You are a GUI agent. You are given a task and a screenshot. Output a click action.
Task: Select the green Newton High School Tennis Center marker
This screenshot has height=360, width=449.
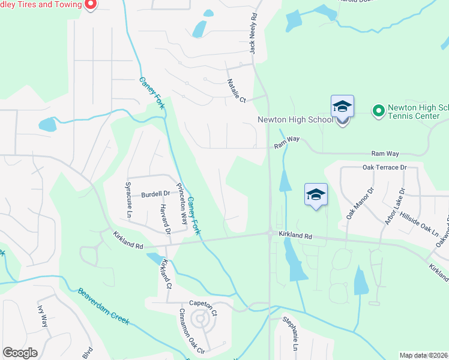378,111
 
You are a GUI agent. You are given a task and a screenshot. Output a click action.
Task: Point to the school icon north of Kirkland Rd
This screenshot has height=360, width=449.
316,195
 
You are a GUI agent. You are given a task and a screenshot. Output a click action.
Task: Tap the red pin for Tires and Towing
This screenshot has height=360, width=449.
91,5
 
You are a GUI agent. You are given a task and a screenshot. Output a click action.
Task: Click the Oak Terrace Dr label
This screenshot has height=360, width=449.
384,167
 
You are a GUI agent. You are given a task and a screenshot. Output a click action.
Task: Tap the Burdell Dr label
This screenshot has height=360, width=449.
156,194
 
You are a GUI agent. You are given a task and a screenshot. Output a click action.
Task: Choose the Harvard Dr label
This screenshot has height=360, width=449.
166,219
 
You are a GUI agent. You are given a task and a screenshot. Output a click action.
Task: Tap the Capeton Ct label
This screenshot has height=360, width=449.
202,304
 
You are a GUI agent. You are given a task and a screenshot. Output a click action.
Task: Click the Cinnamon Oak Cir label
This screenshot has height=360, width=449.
192,329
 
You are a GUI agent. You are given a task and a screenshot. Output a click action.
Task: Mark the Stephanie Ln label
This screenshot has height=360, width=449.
294,337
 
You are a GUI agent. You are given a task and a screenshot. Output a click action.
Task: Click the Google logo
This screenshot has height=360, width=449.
20,353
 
